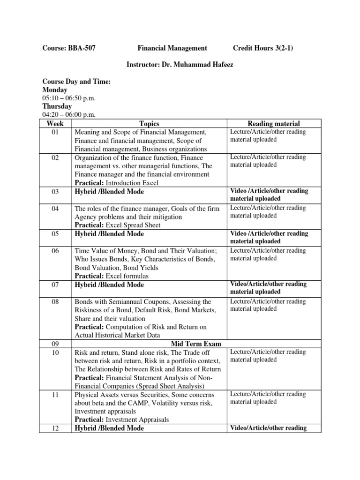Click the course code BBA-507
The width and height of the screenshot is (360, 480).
83,48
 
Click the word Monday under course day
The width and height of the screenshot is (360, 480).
55,90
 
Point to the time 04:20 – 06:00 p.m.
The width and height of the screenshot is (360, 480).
69,115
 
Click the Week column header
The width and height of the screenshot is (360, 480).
55,124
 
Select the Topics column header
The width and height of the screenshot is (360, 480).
149,124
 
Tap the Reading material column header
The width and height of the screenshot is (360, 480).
274,124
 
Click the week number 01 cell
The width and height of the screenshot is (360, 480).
55,132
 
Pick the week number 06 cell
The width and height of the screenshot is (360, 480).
55,251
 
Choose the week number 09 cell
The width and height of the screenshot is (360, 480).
55,344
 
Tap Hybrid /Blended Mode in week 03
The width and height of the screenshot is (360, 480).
109,191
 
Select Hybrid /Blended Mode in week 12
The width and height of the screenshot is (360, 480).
109,428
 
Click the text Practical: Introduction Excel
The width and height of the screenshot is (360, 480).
117,183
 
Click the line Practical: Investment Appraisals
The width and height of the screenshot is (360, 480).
121,420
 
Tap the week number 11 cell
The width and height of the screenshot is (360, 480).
55,394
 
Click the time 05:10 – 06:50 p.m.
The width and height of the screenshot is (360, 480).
69,98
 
